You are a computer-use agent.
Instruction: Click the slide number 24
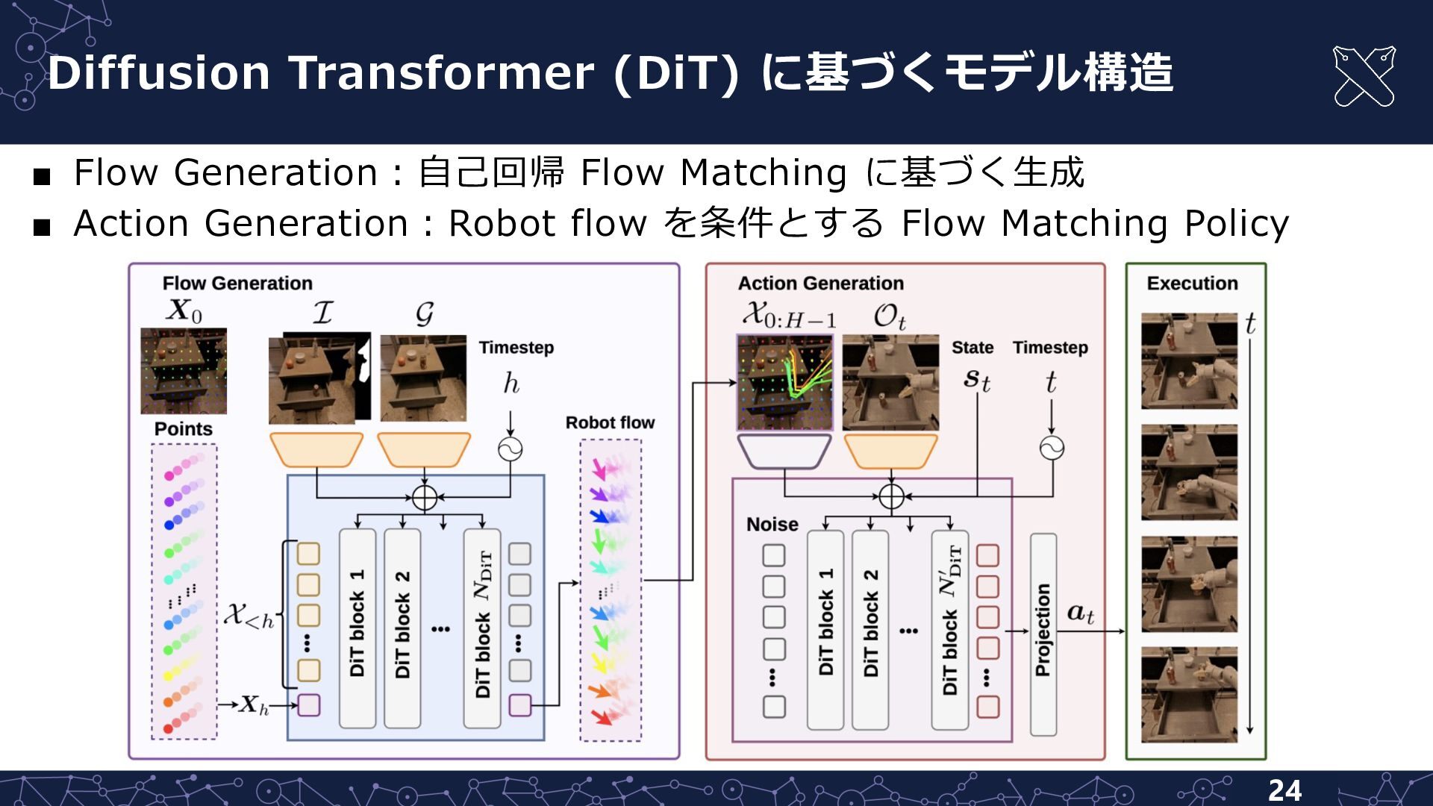[1284, 790]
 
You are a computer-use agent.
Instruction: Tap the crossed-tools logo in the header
[1364, 76]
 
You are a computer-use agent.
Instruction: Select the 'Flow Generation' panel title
[237, 284]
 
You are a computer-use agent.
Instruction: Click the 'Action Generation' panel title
[820, 284]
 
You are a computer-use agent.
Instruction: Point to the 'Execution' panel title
[1192, 284]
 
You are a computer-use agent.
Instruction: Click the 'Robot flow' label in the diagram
[610, 422]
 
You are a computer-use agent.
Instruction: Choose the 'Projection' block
[1043, 634]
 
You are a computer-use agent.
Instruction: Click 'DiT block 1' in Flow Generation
[358, 628]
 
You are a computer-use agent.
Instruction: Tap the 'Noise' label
[772, 525]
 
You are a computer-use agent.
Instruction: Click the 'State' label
[972, 348]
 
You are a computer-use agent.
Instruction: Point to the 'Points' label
[183, 429]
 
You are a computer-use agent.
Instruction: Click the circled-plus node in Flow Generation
[424, 497]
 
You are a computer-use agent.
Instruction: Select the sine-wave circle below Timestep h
[511, 449]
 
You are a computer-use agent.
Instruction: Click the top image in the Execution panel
[1189, 361]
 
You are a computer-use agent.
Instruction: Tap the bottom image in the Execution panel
[1189, 694]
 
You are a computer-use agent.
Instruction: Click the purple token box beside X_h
[309, 705]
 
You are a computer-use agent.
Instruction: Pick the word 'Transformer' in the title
[443, 73]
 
